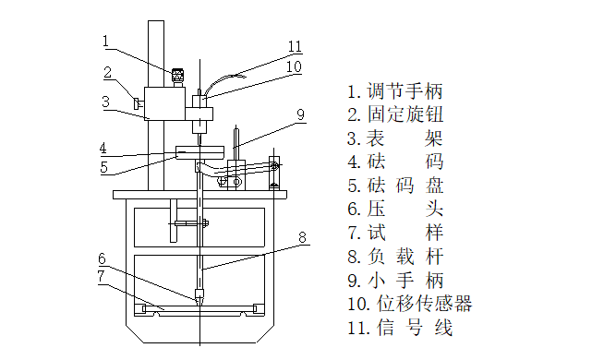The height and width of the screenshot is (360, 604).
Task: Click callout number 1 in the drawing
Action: [106, 41]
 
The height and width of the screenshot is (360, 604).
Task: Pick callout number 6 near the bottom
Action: [103, 258]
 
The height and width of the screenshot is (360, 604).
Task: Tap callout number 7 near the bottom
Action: [103, 276]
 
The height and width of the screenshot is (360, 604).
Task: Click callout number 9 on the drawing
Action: [300, 114]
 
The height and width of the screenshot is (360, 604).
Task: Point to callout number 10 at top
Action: [294, 66]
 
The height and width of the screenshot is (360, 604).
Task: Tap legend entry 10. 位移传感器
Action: [409, 304]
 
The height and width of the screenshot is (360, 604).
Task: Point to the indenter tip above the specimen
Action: [200, 297]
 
